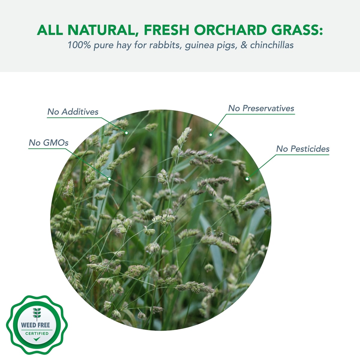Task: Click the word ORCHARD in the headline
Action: [230, 30]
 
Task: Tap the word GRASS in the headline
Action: [297, 30]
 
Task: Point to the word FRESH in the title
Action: [166, 30]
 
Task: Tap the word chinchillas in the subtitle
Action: [272, 45]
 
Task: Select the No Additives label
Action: [73, 112]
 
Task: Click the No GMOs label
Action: [49, 143]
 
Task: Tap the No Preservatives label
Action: [261, 108]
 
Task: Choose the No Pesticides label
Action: [303, 149]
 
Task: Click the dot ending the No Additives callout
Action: [127, 133]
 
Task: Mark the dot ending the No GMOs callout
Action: [109, 179]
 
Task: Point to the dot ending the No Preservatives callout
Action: [211, 135]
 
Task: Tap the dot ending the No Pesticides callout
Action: [247, 179]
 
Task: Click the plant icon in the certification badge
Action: [37, 314]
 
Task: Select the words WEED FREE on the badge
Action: [35, 325]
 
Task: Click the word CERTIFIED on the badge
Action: [37, 334]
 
